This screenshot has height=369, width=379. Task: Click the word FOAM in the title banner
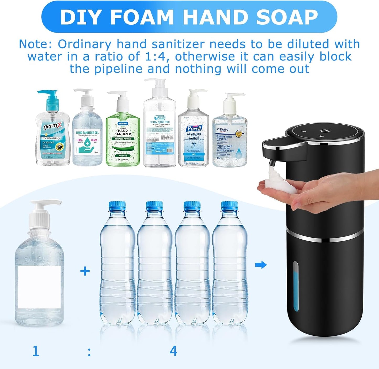click(x=142, y=17)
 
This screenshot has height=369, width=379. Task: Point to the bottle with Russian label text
click(x=160, y=136)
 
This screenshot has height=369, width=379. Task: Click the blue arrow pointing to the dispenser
click(x=261, y=265)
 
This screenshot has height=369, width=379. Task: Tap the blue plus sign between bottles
click(x=85, y=271)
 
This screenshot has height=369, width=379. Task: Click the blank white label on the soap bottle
click(x=40, y=287)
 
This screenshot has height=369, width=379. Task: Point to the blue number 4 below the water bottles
click(x=173, y=351)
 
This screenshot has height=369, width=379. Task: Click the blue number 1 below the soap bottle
click(x=36, y=351)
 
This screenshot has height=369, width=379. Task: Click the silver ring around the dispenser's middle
click(x=325, y=238)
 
